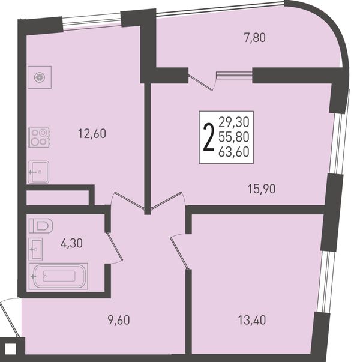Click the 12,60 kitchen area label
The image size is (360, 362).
(92, 134)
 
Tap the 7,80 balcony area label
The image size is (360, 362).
(255, 38)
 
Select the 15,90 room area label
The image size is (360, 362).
(262, 189)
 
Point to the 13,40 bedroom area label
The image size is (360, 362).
(252, 320)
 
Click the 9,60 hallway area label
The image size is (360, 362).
(119, 320)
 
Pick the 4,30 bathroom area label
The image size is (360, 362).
(71, 243)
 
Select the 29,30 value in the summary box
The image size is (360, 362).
(234, 122)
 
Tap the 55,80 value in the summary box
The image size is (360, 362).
(234, 137)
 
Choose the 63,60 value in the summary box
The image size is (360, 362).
(234, 152)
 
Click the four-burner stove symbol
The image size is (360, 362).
(39, 137)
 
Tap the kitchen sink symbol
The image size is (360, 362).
(38, 172)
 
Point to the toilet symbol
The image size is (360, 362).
(41, 226)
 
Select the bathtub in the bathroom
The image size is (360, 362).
(58, 276)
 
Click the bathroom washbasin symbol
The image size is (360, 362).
(35, 249)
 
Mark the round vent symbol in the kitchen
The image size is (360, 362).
(40, 77)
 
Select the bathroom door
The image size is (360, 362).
(114, 247)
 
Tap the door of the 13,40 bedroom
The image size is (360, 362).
(180, 251)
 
